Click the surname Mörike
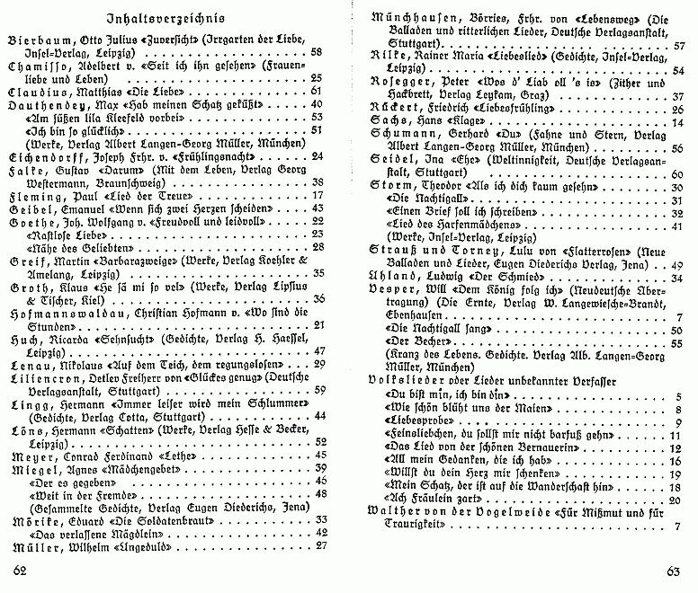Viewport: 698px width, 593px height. pos(32,519)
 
